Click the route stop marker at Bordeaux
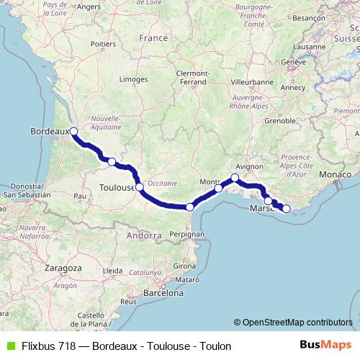pos(74,131)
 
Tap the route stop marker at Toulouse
pos(139,186)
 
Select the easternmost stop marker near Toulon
pos(286,209)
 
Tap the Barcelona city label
pos(165,293)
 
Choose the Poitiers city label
pos(104,44)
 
